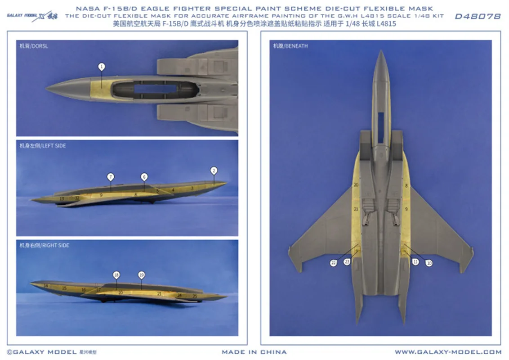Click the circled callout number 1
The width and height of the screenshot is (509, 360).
click(102, 67)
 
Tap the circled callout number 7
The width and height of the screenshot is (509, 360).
click(110, 176)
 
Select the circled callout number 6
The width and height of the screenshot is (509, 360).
click(144, 176)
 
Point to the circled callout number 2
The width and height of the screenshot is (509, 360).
click(214, 170)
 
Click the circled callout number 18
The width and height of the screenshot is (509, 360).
click(116, 274)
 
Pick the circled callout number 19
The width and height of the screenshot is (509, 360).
click(141, 274)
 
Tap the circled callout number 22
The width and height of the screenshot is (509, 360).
click(333, 263)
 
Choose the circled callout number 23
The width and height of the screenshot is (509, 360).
click(347, 261)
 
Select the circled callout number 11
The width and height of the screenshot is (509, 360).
click(415, 261)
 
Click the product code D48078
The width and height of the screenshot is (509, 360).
click(478, 16)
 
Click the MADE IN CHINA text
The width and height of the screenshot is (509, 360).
click(254, 352)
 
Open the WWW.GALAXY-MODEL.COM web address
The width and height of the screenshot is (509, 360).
click(448, 352)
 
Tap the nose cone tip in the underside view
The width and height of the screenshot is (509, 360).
click(381, 52)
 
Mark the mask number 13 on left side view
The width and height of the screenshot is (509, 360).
click(62, 198)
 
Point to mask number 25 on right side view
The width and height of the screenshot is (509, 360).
click(194, 296)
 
